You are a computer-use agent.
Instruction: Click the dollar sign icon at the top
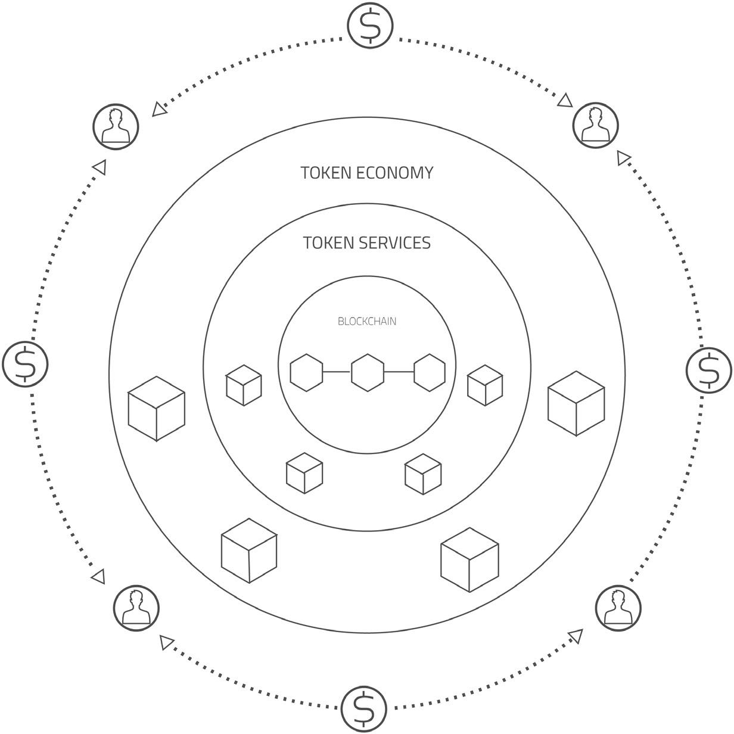[370, 25]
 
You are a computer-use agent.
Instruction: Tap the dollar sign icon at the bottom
[363, 708]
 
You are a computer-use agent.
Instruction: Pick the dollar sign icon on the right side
[708, 370]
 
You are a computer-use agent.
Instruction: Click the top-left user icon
[116, 126]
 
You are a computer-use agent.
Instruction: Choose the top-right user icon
[595, 125]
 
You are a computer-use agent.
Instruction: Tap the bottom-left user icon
[136, 608]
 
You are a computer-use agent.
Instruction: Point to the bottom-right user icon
[618, 608]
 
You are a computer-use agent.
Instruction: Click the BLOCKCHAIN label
[367, 322]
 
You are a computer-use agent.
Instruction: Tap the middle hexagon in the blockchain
[368, 372]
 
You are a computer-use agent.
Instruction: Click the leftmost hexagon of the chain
[306, 372]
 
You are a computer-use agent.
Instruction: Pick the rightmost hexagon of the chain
[430, 372]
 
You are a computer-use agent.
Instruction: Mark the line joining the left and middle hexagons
[337, 372]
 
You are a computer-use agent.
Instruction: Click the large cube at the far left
[156, 409]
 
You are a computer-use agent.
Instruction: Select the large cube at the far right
[576, 404]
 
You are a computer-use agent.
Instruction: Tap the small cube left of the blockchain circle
[244, 385]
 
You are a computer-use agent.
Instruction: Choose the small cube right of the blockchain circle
[484, 385]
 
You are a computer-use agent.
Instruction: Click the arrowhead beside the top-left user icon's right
[158, 109]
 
